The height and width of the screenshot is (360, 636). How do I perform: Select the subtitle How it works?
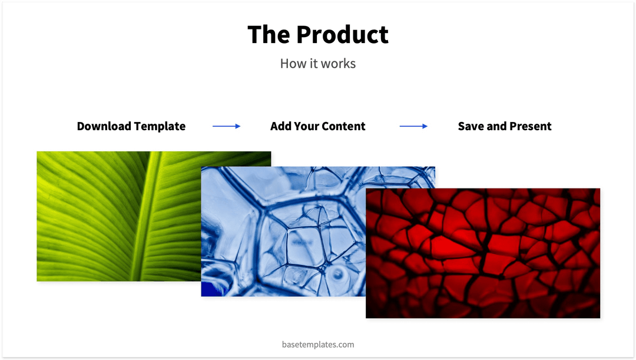318,64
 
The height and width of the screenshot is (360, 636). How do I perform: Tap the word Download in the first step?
104,126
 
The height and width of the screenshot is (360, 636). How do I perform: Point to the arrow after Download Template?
227,126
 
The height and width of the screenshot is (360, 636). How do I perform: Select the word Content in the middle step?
344,126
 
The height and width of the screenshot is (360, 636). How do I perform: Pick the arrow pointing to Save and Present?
413,126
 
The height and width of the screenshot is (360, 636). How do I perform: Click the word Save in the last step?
471,126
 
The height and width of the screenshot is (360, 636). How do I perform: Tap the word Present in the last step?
531,126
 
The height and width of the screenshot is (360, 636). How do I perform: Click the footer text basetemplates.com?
318,345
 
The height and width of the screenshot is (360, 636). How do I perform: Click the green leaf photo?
106,218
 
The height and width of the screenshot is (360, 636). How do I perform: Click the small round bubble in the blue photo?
338,274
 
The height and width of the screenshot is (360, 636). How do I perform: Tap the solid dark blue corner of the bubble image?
208,289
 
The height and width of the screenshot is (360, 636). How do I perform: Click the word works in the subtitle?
339,64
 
